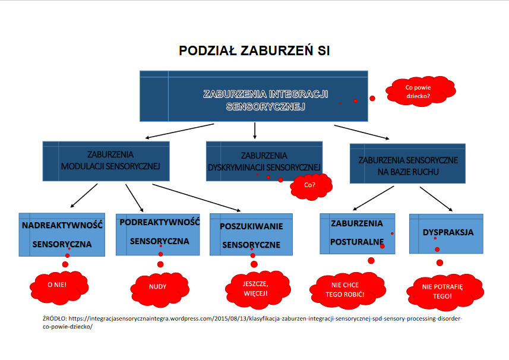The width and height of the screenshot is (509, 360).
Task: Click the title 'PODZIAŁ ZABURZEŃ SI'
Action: [x=254, y=51]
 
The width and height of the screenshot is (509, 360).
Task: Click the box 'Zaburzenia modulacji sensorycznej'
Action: [x=106, y=160]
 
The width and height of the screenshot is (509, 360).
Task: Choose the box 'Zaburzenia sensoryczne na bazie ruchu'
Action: [x=407, y=164]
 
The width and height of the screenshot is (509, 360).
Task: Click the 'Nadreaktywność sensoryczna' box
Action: [x=62, y=234]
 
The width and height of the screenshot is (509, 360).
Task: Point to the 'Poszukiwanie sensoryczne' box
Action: [x=251, y=235]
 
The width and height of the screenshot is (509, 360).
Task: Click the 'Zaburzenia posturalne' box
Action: [x=356, y=232]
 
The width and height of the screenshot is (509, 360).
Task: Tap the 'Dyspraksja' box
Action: [x=445, y=232]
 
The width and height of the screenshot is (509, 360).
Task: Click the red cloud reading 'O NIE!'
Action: [x=58, y=285]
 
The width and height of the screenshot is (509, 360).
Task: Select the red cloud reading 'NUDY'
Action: [x=157, y=286]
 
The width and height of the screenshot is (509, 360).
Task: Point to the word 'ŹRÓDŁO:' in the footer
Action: [x=56, y=318]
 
